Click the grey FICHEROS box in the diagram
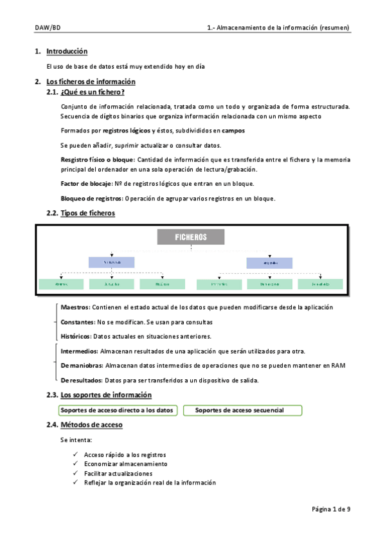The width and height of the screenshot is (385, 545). (191, 237)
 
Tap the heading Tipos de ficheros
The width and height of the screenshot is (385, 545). (87, 213)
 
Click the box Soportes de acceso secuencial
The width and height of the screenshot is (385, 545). (243, 410)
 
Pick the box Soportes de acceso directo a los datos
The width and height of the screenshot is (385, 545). (117, 410)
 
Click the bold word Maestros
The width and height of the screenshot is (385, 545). (75, 308)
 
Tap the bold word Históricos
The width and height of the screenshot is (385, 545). (76, 336)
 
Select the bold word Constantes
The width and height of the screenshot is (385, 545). (77, 322)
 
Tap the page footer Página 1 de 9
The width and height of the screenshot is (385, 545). (331, 509)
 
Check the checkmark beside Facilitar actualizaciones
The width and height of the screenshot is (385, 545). (76, 473)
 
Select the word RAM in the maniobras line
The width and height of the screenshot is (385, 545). (339, 366)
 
